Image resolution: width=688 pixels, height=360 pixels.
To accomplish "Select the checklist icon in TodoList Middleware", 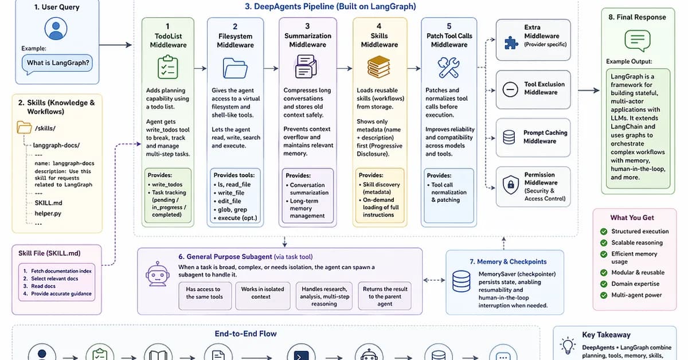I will pyautogui.click(x=167, y=67).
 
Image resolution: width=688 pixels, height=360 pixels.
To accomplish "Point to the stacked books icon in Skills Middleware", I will pyautogui.click(x=379, y=67).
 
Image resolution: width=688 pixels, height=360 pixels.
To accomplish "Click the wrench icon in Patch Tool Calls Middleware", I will pyautogui.click(x=448, y=67).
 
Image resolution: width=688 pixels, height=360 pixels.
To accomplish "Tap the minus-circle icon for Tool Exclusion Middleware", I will pyautogui.click(x=510, y=89).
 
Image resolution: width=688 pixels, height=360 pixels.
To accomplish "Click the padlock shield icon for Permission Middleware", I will pyautogui.click(x=510, y=185).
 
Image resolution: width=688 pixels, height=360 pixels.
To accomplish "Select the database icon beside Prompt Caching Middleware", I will pyautogui.click(x=509, y=137).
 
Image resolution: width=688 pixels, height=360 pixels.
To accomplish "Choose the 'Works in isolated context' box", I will pyautogui.click(x=262, y=293).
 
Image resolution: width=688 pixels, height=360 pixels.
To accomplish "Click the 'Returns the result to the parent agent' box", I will pyautogui.click(x=385, y=296).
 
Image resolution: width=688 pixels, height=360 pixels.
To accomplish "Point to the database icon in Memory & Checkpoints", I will pyautogui.click(x=462, y=281).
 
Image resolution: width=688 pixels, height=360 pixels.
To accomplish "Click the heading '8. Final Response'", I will pyautogui.click(x=637, y=17).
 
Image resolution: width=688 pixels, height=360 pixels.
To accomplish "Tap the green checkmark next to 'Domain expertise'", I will pyautogui.click(x=604, y=284).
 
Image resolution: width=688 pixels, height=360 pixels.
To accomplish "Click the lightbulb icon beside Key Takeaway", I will pyautogui.click(x=568, y=345).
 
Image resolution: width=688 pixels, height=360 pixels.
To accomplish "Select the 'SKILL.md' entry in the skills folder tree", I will pyautogui.click(x=49, y=203).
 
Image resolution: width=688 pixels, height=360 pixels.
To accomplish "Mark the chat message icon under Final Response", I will pyautogui.click(x=636, y=41).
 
